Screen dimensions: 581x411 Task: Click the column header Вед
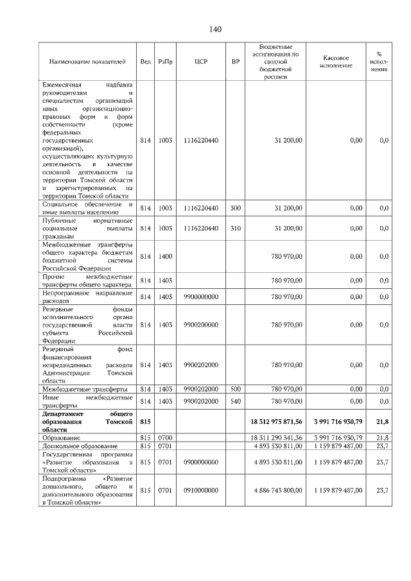pyautogui.click(x=145, y=62)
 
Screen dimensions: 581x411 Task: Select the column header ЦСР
pyautogui.click(x=200, y=62)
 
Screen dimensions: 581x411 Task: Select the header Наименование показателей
pyautogui.click(x=87, y=62)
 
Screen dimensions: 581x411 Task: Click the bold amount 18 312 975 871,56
pyautogui.click(x=275, y=421)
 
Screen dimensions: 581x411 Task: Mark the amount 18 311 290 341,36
pyautogui.click(x=275, y=437)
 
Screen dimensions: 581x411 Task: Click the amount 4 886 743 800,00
pyautogui.click(x=275, y=490)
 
